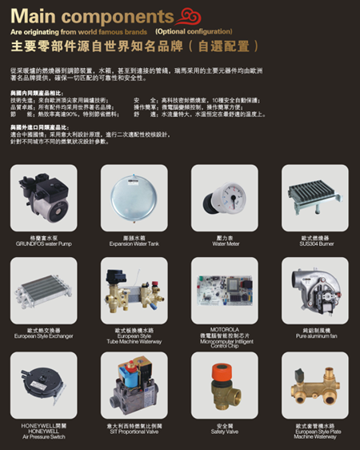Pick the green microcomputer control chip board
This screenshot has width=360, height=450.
pyautogui.click(x=223, y=289)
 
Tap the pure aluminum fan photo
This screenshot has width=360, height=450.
pyautogui.click(x=314, y=289)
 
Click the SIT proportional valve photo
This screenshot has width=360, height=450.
pyautogui.click(x=133, y=384)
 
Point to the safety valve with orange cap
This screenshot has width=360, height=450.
pyautogui.click(x=223, y=384)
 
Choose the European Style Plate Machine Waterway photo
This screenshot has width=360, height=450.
pyautogui.click(x=314, y=384)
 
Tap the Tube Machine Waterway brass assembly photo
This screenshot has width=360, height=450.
pyautogui.click(x=133, y=289)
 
